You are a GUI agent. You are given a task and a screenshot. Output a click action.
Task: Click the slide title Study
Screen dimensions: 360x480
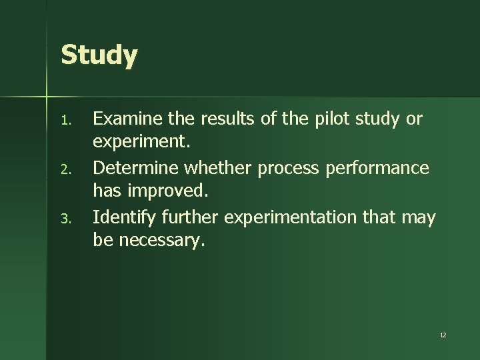tap(99, 56)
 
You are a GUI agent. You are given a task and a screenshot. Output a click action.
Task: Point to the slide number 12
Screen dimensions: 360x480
tap(443, 335)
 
